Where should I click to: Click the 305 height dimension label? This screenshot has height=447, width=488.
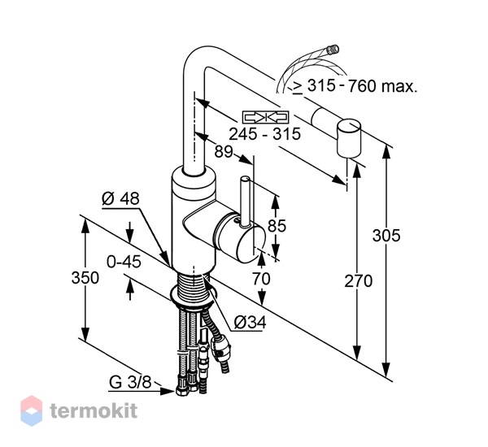click(386, 236)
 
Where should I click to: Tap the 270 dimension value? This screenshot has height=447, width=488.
click(358, 281)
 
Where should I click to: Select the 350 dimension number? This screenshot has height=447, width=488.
click(85, 277)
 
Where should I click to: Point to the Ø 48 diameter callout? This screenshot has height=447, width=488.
click(120, 198)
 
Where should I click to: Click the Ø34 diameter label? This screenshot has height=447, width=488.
click(250, 323)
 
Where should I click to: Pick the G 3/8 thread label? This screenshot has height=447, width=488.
click(130, 382)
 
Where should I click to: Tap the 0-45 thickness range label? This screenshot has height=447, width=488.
click(124, 262)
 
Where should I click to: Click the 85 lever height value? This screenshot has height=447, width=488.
click(277, 225)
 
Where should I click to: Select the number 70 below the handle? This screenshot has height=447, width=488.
click(261, 279)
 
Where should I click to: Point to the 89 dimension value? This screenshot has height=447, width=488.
click(224, 151)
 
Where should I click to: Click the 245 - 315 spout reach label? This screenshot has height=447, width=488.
click(265, 134)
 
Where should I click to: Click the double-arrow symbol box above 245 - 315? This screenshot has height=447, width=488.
click(265, 117)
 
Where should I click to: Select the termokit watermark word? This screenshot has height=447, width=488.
click(94, 410)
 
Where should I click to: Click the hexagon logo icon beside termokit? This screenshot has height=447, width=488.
click(31, 410)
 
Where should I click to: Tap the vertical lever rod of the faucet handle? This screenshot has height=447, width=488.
click(245, 201)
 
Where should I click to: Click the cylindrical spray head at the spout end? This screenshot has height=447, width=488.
click(349, 138)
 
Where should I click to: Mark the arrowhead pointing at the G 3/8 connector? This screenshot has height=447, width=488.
click(168, 391)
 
